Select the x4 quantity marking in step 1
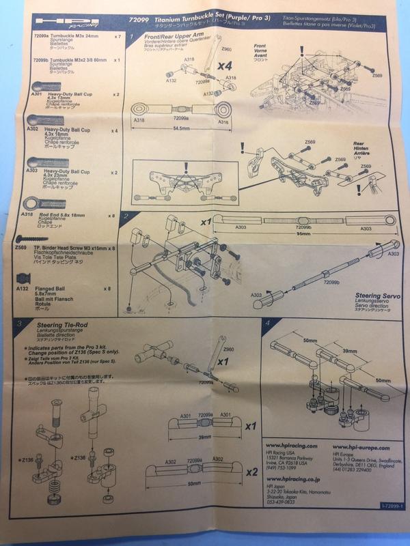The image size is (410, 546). [x=226, y=67]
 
